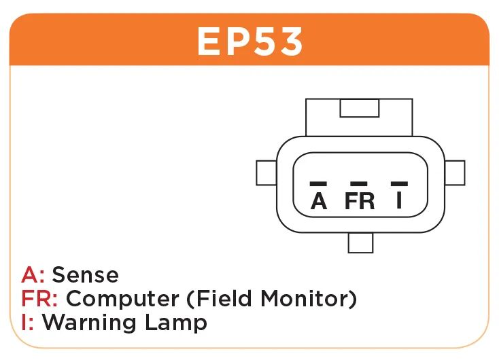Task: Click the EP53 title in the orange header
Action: click(x=249, y=42)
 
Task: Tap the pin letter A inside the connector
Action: click(x=319, y=201)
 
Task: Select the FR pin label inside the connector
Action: click(x=360, y=201)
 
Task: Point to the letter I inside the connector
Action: click(x=400, y=201)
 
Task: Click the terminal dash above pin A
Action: click(x=318, y=183)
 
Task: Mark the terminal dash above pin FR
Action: click(x=358, y=183)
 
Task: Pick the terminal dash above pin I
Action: click(x=400, y=183)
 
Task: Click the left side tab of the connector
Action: click(x=266, y=173)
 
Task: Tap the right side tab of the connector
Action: click(x=455, y=173)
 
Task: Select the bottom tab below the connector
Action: click(x=360, y=242)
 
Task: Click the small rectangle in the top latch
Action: click(x=359, y=108)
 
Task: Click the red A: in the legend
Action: click(x=33, y=275)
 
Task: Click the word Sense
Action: click(x=86, y=275)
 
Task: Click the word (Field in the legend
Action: click(x=217, y=298)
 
